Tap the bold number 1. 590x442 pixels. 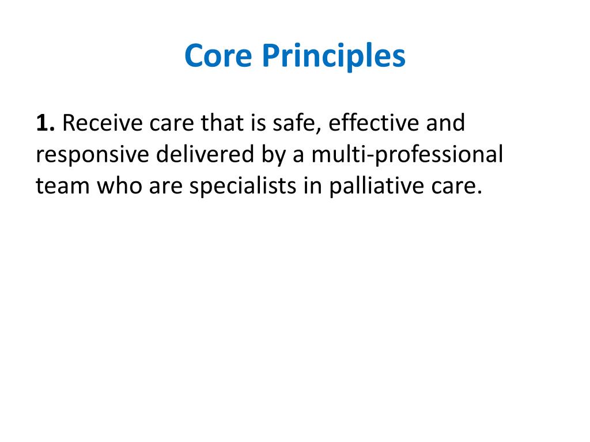click(44, 123)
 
